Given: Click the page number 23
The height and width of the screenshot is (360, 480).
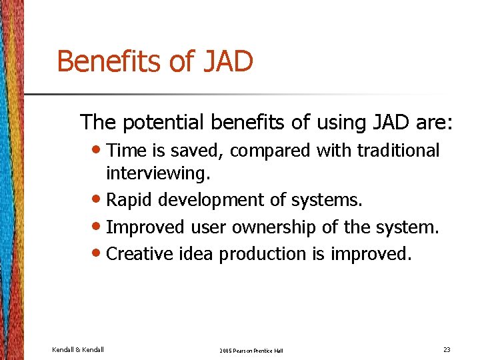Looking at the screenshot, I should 446,349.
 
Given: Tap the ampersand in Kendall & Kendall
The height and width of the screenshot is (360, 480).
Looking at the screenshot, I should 77,349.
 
